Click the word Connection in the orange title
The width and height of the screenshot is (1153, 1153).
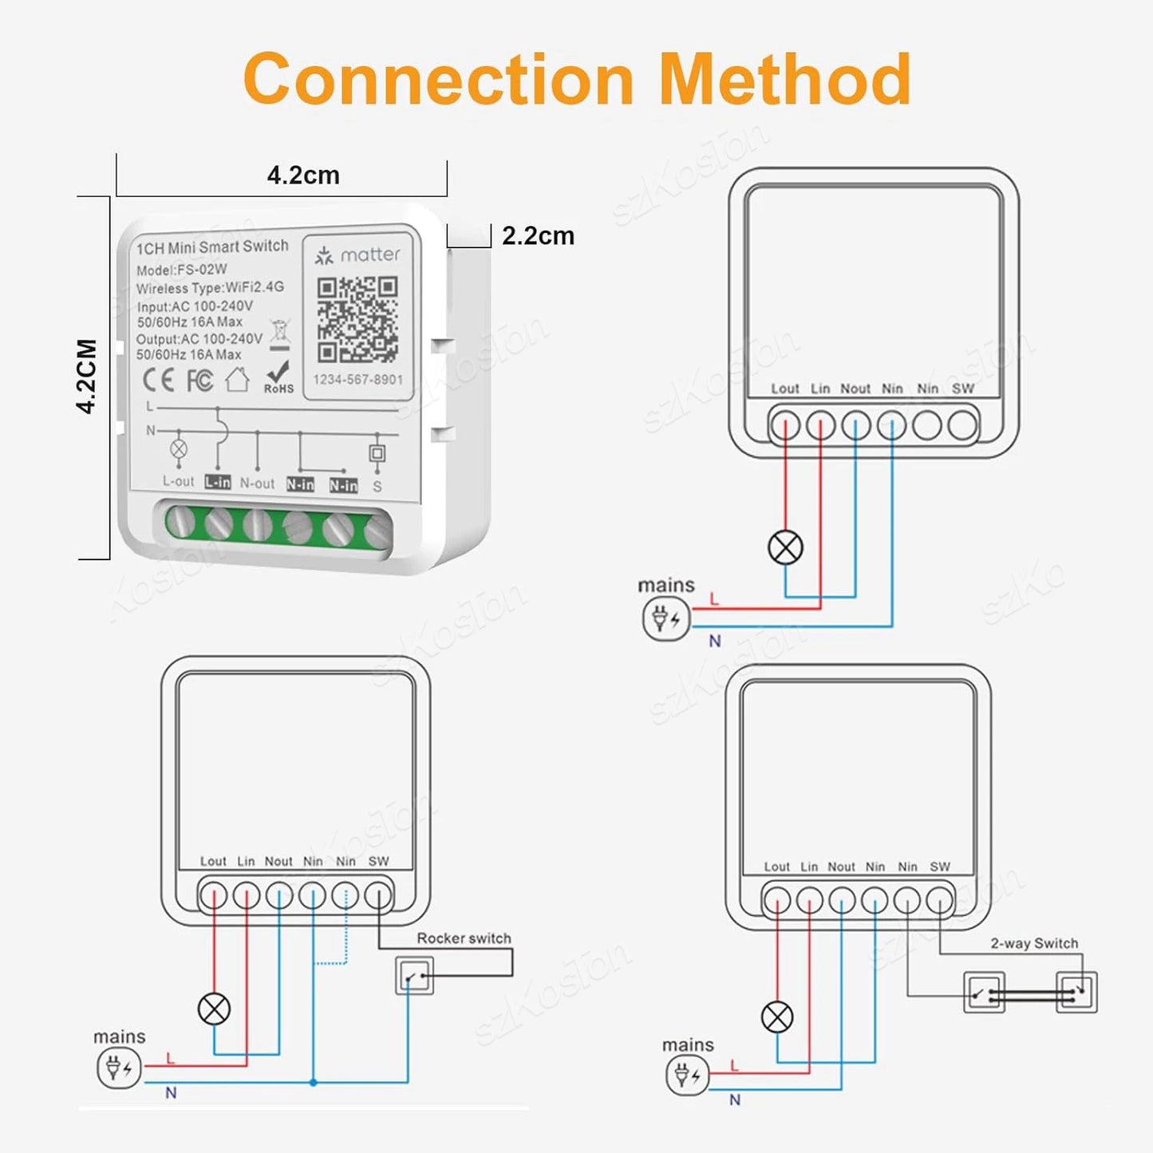438,79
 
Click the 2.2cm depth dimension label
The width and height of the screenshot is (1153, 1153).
538,236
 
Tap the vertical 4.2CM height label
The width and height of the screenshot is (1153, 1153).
87,376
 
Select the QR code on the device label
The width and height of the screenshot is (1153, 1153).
357,319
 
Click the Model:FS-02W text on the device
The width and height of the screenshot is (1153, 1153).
181,270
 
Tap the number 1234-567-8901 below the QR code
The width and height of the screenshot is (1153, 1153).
357,380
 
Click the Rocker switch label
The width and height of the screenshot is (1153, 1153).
464,938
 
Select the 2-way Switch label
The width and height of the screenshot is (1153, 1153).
1033,943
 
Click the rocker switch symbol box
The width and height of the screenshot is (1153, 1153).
414,975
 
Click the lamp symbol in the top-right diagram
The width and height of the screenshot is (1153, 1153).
785,548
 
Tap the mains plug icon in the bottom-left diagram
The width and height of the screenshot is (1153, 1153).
119,1068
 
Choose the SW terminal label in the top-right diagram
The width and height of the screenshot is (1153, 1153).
962,389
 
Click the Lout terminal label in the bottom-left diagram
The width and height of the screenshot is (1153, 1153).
213,861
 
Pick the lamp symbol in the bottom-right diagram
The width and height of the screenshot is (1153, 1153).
777,1017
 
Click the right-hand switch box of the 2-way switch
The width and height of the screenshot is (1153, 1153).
1076,993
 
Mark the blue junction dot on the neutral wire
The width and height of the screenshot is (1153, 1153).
314,1083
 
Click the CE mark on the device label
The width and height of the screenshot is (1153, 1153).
158,380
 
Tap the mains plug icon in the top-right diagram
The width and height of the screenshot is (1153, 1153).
665,618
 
